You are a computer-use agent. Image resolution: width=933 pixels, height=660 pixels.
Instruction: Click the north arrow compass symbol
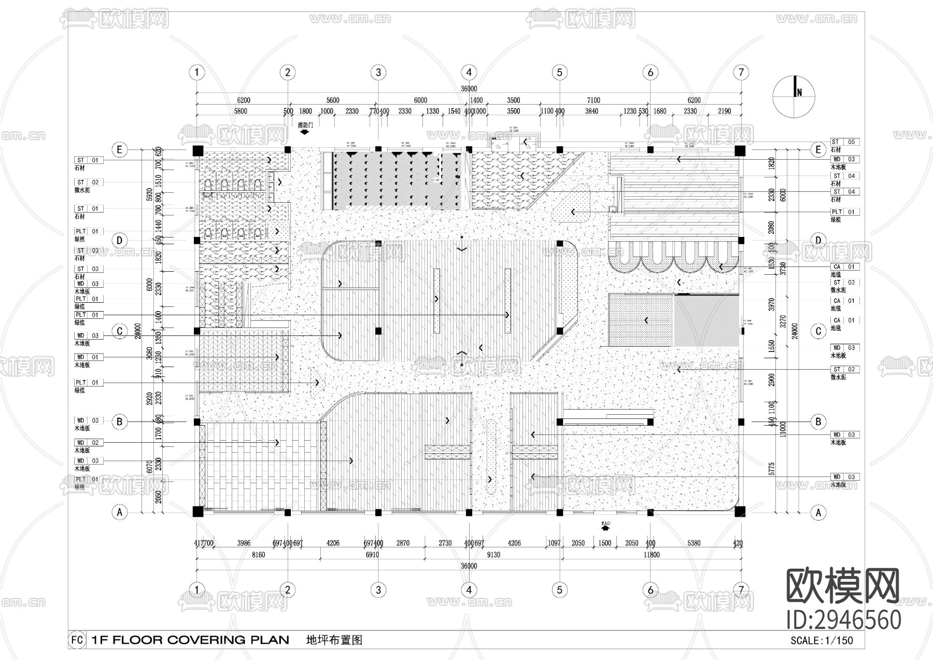tap(794, 95)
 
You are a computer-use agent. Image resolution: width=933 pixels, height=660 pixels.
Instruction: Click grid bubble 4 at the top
tap(469, 72)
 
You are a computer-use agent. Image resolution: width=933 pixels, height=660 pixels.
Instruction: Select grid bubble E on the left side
tap(120, 150)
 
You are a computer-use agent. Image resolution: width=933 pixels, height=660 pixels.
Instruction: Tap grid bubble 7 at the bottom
tap(741, 589)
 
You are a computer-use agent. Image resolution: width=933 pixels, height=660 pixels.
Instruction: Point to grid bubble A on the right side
tap(818, 512)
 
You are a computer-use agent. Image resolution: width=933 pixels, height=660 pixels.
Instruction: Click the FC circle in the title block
tap(77, 640)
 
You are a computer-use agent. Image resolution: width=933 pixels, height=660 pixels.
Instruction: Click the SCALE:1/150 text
tap(821, 640)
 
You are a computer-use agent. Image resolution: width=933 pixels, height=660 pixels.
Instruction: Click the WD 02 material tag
tap(88, 443)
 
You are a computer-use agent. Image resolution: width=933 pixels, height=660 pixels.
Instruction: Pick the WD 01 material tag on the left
tap(88, 357)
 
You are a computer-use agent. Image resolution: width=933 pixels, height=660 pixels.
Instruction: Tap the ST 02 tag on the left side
tap(88, 182)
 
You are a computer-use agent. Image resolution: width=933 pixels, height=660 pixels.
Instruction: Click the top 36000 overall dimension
tap(469, 89)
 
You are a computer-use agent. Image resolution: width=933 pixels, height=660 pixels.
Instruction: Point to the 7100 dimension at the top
tap(593, 100)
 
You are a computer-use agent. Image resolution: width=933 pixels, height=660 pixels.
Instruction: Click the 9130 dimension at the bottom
tap(493, 555)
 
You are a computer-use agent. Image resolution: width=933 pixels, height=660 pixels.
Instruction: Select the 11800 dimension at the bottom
tap(651, 555)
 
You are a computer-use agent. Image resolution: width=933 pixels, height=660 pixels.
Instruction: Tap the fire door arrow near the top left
tap(305, 132)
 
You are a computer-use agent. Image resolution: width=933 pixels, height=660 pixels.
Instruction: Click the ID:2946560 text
tap(843, 620)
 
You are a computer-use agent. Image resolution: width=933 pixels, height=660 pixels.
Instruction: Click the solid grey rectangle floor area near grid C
tap(706, 320)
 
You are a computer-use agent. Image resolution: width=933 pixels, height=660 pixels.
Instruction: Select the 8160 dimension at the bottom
tap(258, 555)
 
